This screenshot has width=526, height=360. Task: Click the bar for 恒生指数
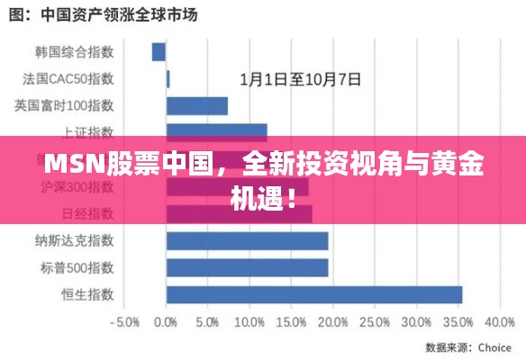pyautogui.click(x=313, y=294)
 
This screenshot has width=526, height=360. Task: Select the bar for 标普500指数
pyautogui.click(x=247, y=267)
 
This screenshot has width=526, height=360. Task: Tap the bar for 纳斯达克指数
pyautogui.click(x=247, y=240)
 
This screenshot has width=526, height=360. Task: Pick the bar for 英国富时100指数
pyautogui.click(x=196, y=106)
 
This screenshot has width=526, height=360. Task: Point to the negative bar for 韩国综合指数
pyautogui.click(x=159, y=52)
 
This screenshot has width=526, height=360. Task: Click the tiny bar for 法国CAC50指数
pyautogui.click(x=168, y=79)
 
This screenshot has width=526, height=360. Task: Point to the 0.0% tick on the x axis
pyautogui.click(x=166, y=321)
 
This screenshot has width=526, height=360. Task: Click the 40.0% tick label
pyautogui.click(x=498, y=321)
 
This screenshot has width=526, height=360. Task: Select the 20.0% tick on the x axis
pyautogui.click(x=331, y=321)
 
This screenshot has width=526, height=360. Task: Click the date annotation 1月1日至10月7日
pyautogui.click(x=300, y=79)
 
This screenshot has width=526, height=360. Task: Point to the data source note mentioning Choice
pyautogui.click(x=467, y=346)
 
